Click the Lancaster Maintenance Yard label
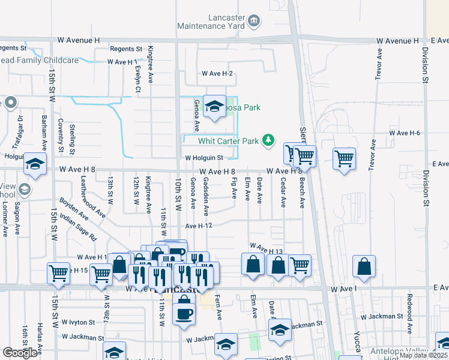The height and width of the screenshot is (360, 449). pos(211,22)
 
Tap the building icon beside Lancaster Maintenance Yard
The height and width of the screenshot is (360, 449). pos(254,22)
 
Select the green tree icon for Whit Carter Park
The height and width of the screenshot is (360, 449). pos(270,140)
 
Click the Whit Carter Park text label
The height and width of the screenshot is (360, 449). pos(229,141)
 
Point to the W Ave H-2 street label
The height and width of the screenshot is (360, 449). pos(217,73)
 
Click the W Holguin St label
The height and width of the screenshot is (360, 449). pos(203,158)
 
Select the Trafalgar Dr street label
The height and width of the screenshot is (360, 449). pos(19,130)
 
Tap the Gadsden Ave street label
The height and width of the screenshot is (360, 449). pos(206,196)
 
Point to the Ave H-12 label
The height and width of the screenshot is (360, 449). pos(200,226)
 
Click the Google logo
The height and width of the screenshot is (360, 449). pos(20,353)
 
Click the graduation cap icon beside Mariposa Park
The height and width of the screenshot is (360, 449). pos(214,107)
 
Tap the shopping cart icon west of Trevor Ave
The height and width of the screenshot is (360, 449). pos(344,158)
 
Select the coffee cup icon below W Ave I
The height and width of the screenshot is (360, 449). pos(184,313)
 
